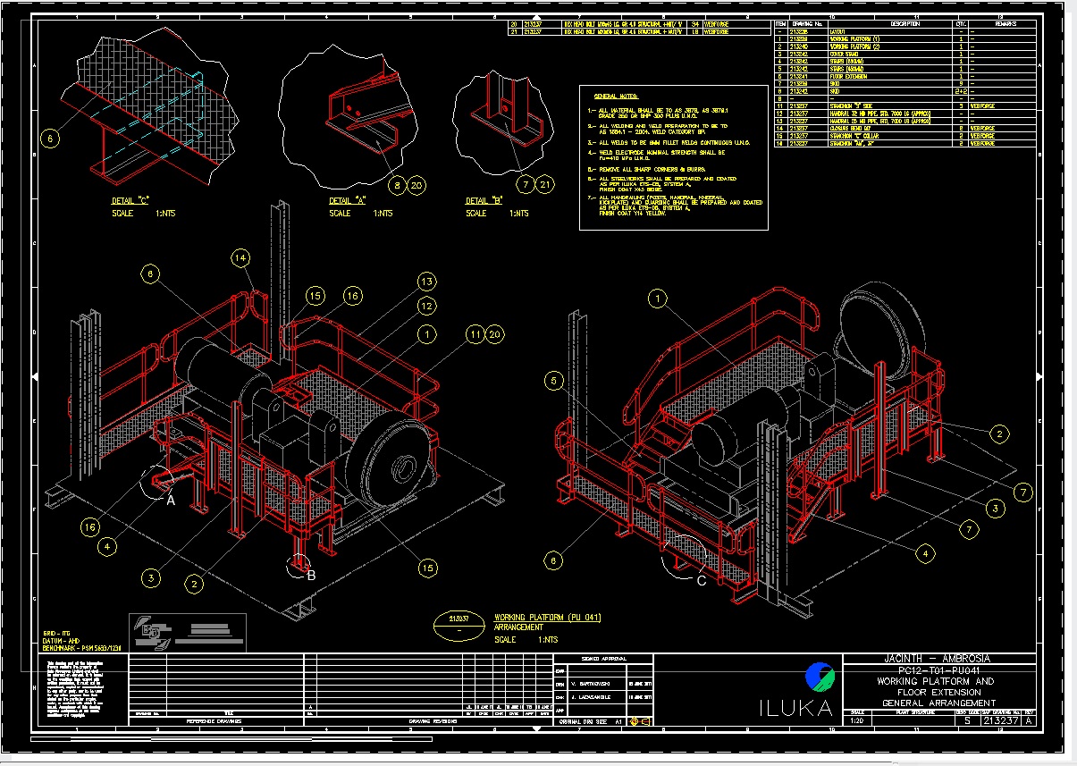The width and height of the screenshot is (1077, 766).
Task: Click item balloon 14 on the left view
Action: tap(240, 258)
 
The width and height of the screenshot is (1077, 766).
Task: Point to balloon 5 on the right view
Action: tap(554, 381)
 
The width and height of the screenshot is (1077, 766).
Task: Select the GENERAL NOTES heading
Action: tap(617, 95)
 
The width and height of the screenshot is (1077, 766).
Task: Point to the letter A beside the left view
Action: tap(171, 501)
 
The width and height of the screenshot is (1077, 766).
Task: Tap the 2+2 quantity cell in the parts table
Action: tap(960, 91)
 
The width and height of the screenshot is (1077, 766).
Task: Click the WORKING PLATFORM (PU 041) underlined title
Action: tap(547, 618)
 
